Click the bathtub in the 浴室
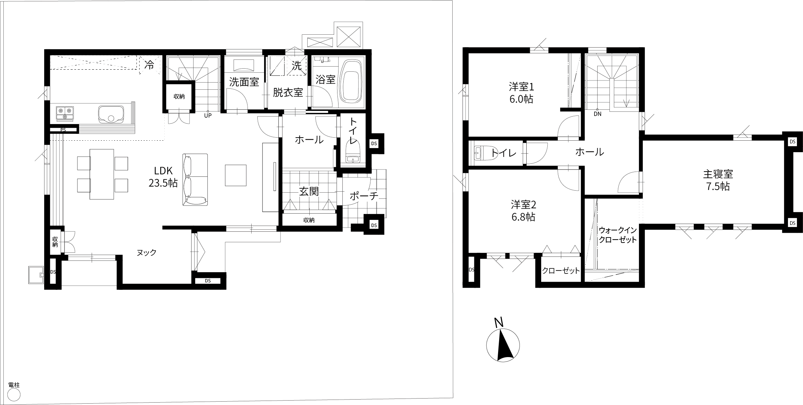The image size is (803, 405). [352, 81]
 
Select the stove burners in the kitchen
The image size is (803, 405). [65, 113]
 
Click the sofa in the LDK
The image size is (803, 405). [195, 179]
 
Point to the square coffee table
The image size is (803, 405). [236, 175]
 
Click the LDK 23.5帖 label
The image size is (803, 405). [163, 177]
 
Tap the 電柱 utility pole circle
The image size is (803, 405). [14, 395]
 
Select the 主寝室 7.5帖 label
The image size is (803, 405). [718, 180]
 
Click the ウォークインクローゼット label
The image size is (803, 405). [617, 235]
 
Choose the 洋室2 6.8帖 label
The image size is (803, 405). [523, 211]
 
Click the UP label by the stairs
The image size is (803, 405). [208, 116]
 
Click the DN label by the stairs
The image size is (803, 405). [598, 114]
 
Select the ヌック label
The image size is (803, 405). [146, 252]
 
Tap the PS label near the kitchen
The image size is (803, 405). [63, 130]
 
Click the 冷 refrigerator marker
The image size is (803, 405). [149, 65]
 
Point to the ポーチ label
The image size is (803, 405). [364, 196]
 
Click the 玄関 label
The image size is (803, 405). [309, 192]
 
